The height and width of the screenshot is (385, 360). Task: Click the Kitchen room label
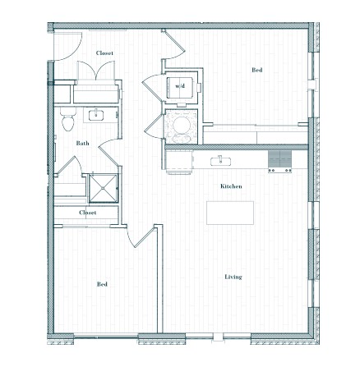tap(231, 186)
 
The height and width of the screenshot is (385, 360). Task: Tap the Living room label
tap(233, 277)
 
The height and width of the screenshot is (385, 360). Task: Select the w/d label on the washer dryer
tap(180, 86)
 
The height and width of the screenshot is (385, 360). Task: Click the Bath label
tap(82, 143)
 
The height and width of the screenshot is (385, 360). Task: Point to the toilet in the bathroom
tap(67, 119)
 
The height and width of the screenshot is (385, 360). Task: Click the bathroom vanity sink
tap(96, 115)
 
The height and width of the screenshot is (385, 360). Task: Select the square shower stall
tap(104, 188)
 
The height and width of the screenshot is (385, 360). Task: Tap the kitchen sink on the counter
tap(220, 161)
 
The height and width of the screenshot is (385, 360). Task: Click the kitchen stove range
tap(279, 162)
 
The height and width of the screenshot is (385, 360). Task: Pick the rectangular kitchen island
tap(230, 213)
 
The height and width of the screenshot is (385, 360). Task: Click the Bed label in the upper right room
tap(257, 70)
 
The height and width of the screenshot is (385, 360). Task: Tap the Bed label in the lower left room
tap(102, 284)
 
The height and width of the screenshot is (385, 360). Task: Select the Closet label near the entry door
tap(104, 53)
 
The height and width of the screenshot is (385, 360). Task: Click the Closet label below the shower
tap(88, 213)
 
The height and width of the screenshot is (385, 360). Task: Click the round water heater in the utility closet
tap(182, 126)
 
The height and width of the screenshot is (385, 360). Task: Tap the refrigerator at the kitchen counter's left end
tap(179, 162)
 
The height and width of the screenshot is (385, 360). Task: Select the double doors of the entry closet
tap(96, 71)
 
